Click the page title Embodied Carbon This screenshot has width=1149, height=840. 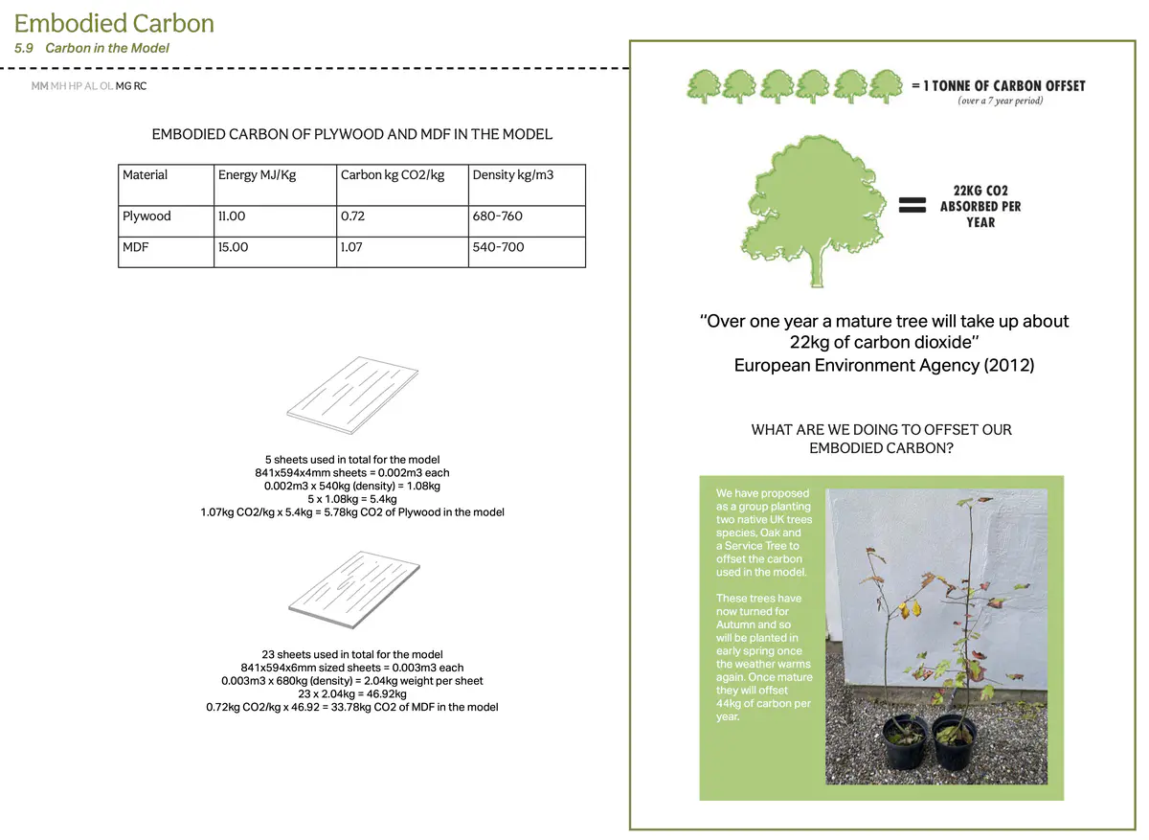[x=114, y=23]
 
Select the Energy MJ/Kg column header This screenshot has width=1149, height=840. [x=252, y=175]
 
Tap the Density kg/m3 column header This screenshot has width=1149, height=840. [x=513, y=175]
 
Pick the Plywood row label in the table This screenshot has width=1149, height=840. [x=146, y=216]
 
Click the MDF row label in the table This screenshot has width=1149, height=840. [x=135, y=247]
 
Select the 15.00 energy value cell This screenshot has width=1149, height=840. [x=233, y=247]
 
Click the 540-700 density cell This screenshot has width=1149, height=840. [x=498, y=247]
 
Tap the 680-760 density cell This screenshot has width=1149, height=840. [x=498, y=216]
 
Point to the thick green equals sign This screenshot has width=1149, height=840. [x=912, y=205]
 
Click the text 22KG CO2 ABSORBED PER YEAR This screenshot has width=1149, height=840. [x=980, y=206]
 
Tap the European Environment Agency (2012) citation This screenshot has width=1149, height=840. [x=884, y=365]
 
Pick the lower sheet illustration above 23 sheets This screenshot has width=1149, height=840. [x=354, y=583]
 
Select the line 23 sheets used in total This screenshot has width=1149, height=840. [x=352, y=654]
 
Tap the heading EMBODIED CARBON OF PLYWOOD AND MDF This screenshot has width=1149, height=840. [x=352, y=134]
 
